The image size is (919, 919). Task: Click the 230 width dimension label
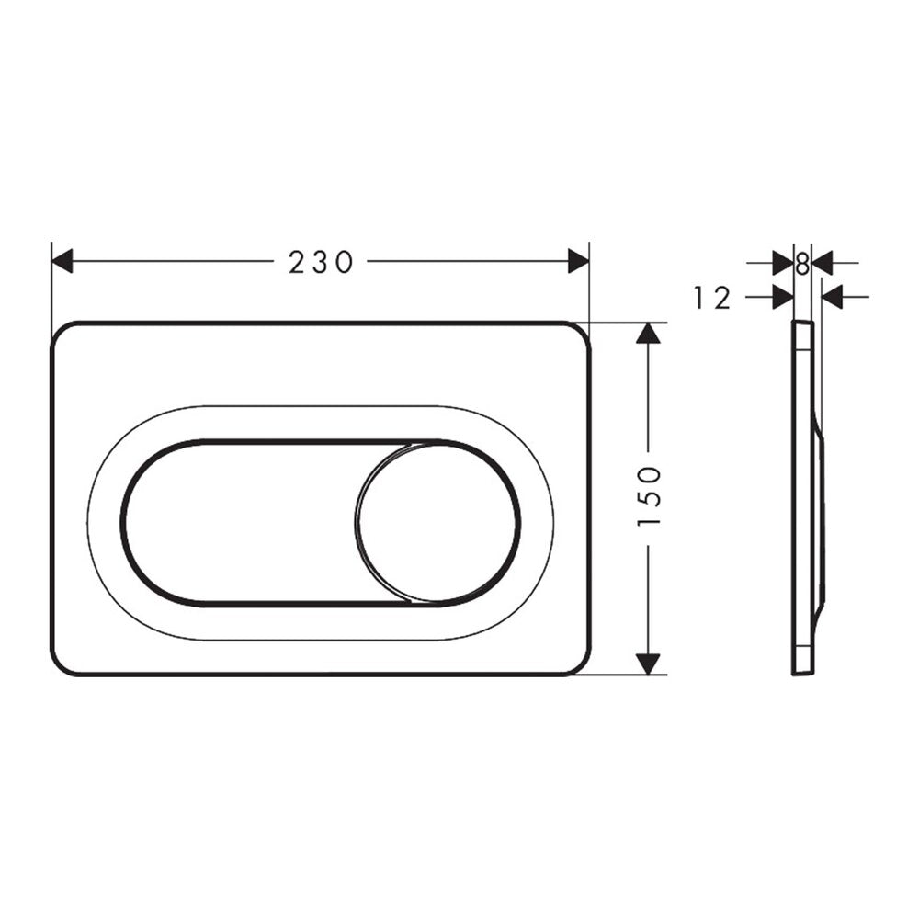321,261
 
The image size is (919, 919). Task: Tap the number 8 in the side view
802,264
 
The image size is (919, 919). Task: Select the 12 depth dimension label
712,298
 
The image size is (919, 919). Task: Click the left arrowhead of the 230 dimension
62,261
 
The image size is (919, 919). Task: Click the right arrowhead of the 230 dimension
578,261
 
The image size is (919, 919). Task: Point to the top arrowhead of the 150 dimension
648,333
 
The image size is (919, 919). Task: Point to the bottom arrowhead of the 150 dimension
648,664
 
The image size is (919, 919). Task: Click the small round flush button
437,523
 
